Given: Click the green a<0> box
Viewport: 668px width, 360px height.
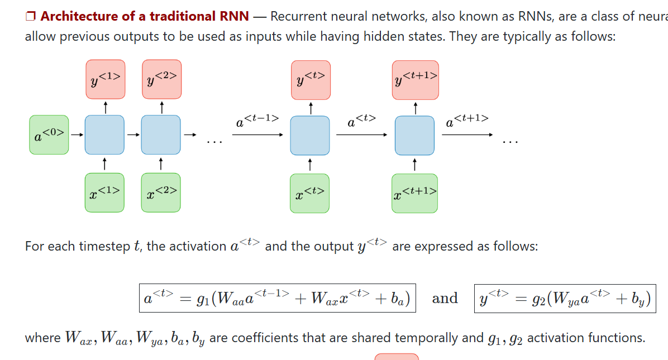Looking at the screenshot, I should [49, 135].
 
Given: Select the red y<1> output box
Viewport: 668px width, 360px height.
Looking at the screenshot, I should [105, 79].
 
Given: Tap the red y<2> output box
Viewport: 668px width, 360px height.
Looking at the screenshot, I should [161, 79].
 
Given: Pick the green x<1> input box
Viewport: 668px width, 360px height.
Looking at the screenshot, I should [104, 193].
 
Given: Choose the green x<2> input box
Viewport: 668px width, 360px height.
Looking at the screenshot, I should [161, 193].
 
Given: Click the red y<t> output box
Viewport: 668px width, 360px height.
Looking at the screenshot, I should [310, 79].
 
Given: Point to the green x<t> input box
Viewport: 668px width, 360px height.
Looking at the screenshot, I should [309, 193].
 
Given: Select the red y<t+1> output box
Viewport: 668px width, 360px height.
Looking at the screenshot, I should [415, 79].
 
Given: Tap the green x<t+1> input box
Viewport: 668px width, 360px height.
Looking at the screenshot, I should [414, 193].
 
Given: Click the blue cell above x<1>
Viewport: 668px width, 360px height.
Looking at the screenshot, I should [104, 135].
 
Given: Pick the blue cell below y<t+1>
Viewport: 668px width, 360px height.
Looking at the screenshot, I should [414, 135].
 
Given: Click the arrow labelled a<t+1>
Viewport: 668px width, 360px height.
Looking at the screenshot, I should [467, 135].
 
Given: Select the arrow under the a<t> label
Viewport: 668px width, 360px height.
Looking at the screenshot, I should [361, 135].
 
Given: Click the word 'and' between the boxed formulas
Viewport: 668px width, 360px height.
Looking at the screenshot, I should [445, 299].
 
